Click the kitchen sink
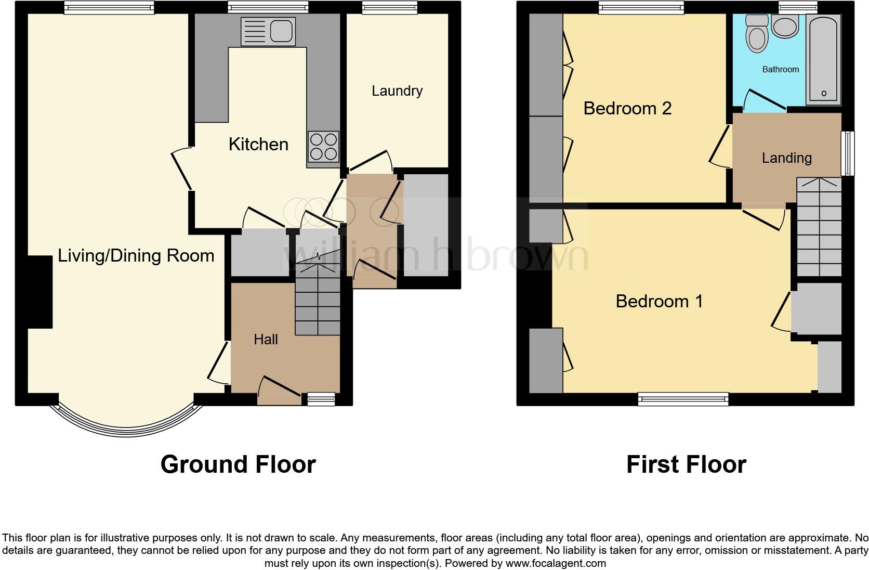coord(268,31)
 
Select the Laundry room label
coord(397,91)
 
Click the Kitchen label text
coord(258,144)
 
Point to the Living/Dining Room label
coord(136,255)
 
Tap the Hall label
coord(266,340)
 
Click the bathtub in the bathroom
coord(824,58)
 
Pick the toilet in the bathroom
coord(756,34)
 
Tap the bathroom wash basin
coord(785,27)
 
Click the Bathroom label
coord(780,69)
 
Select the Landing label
coord(786,158)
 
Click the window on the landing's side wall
coord(848,153)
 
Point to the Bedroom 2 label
coord(627,108)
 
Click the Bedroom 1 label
coord(659,301)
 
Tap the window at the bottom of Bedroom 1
coord(683,399)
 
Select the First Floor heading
coord(686,464)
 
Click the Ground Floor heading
coord(238,464)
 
